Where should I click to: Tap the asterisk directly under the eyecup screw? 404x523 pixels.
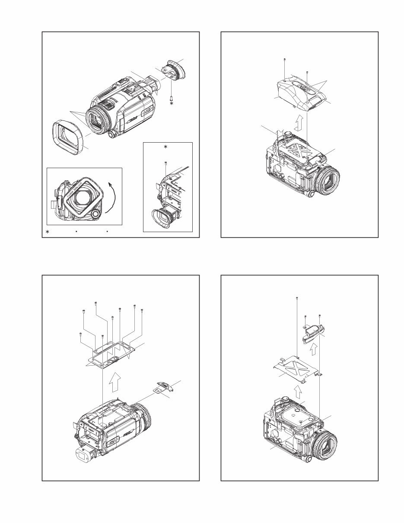(x=172, y=104)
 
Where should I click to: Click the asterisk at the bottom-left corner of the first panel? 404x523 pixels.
(x=48, y=233)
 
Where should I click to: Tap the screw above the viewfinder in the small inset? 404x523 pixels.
(x=165, y=163)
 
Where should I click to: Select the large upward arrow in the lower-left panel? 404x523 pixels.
(x=115, y=383)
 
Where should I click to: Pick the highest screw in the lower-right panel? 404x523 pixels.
(x=298, y=298)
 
